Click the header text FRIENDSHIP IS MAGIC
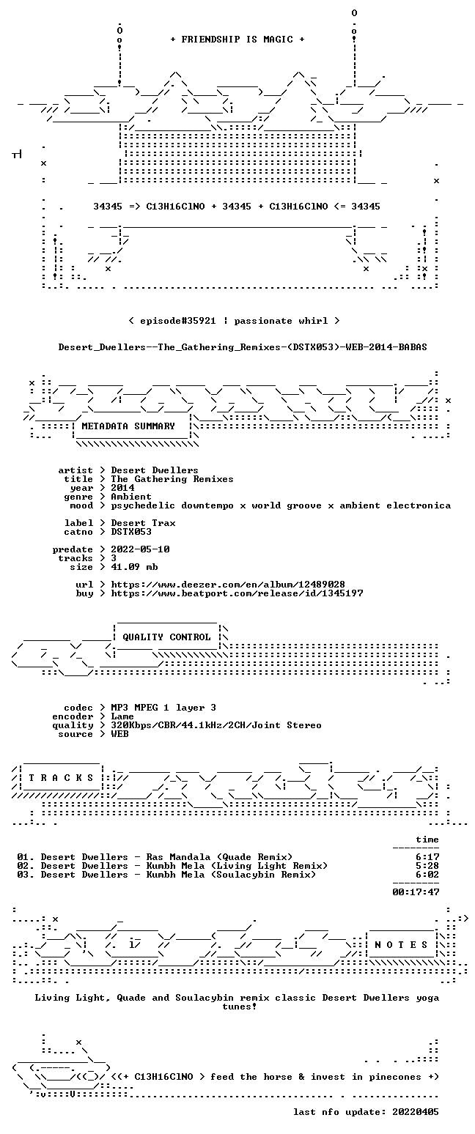pyautogui.click(x=237, y=40)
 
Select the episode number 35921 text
pyautogui.click(x=201, y=321)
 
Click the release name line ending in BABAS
pyautogui.click(x=243, y=347)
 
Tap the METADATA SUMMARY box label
pyautogui.click(x=128, y=426)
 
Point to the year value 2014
pyautogui.click(x=122, y=488)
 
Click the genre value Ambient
pyautogui.click(x=131, y=497)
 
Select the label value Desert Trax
pyautogui.click(x=144, y=523)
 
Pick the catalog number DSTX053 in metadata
pyautogui.click(x=131, y=532)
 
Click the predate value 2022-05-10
pyautogui.click(x=140, y=549)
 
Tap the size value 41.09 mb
pyautogui.click(x=134, y=567)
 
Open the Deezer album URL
pyautogui.click(x=228, y=584)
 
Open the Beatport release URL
pyautogui.click(x=237, y=593)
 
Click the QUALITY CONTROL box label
pyautogui.click(x=166, y=637)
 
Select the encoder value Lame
pyautogui.click(x=122, y=716)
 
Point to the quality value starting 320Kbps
pyautogui.click(x=216, y=725)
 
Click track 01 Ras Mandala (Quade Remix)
pyautogui.click(x=155, y=857)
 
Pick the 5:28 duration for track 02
pyautogui.click(x=427, y=866)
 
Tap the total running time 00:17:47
pyautogui.click(x=416, y=892)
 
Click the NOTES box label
pyautogui.click(x=401, y=945)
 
